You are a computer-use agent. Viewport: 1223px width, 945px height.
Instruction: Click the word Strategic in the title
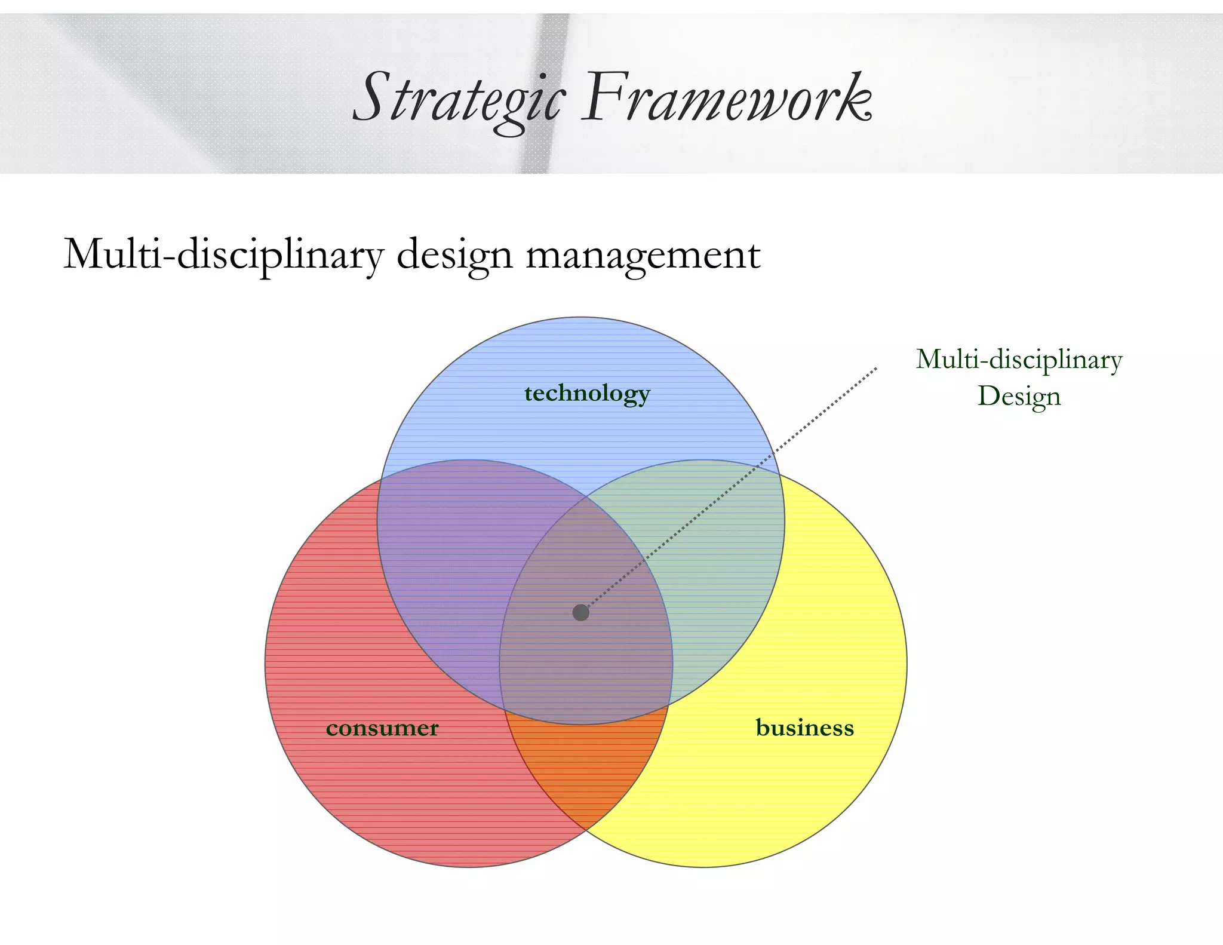tap(458, 99)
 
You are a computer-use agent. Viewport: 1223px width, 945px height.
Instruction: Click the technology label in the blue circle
tap(587, 394)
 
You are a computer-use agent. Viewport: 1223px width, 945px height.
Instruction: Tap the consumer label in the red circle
tap(382, 728)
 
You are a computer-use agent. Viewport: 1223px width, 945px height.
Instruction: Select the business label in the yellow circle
tap(804, 728)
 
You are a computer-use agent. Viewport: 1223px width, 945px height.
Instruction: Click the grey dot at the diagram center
tap(580, 612)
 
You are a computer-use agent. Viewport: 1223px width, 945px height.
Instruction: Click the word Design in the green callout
tap(1019, 396)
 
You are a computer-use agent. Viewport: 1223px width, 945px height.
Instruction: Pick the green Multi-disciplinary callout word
tap(1019, 360)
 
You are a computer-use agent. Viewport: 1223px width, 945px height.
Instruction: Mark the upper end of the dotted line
tap(875, 369)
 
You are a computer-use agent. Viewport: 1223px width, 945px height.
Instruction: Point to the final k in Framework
tap(855, 99)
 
